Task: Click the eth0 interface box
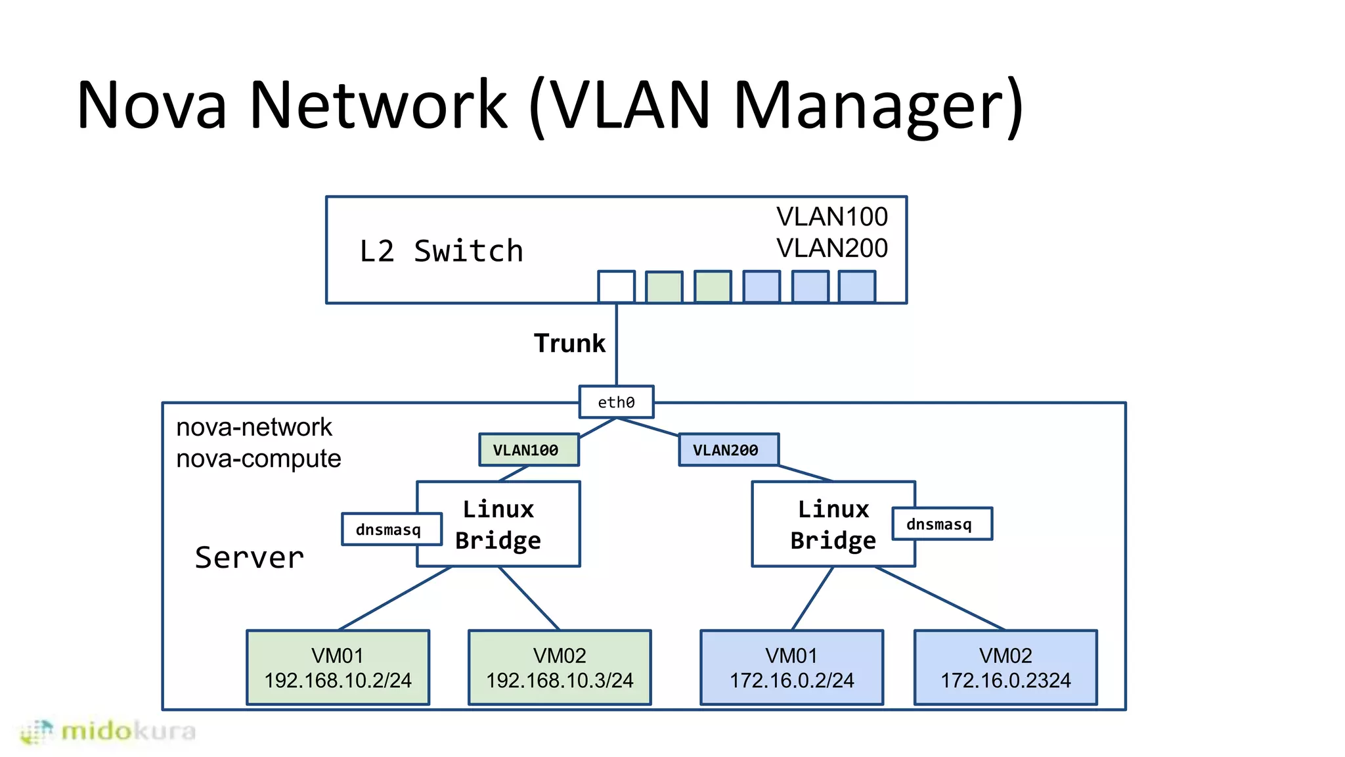616,402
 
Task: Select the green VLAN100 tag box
529,450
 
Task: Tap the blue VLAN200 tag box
728,450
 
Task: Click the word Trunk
569,344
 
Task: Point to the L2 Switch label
441,252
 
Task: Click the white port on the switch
616,287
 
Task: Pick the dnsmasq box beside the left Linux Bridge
389,530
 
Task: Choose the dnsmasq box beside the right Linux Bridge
941,524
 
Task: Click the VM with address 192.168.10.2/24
338,668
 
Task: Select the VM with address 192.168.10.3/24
560,668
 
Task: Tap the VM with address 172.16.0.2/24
791,668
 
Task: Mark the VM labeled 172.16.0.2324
1005,668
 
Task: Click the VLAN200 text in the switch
831,248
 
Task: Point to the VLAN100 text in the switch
831,217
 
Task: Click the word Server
250,558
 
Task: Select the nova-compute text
259,459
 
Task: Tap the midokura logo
109,731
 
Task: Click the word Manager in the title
877,105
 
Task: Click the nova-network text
254,428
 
